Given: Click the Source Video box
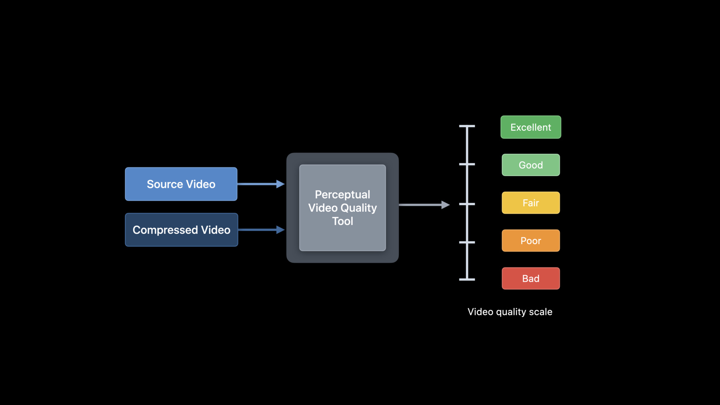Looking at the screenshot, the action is pos(181,184).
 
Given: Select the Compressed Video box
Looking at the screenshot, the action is pos(182,230).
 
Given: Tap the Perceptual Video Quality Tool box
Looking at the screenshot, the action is pos(342,208).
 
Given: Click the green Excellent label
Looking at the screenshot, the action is pos(531,127).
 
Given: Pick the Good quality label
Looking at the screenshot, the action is pos(531,165).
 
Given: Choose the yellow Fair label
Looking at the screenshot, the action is pos(531,203).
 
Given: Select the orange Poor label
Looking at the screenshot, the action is pos(531,241).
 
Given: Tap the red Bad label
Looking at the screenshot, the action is pos(531,279).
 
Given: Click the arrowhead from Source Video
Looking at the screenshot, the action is pos(280,184).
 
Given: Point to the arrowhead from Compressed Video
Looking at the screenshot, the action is pos(280,230).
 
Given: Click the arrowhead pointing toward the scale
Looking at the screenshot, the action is pos(446,205).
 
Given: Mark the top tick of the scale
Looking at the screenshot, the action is pos(467,126).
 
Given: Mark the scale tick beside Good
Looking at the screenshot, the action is pos(467,164).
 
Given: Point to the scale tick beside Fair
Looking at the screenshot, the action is pos(467,204).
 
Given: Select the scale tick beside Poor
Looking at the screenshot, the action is pos(467,242).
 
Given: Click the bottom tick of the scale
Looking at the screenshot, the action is pos(467,279).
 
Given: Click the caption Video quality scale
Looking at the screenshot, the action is pos(510,312).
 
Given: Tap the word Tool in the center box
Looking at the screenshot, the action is pos(342,221).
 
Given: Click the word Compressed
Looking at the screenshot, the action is pos(165,230).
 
